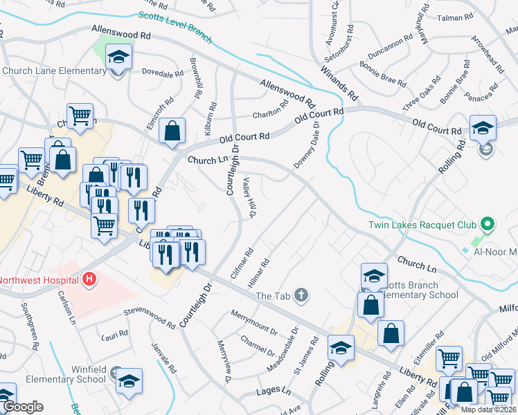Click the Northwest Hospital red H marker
tap(89, 280)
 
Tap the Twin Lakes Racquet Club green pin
tap(487, 224)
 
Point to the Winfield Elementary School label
tap(66, 374)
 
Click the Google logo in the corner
tap(23, 407)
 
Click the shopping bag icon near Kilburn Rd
tap(172, 131)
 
